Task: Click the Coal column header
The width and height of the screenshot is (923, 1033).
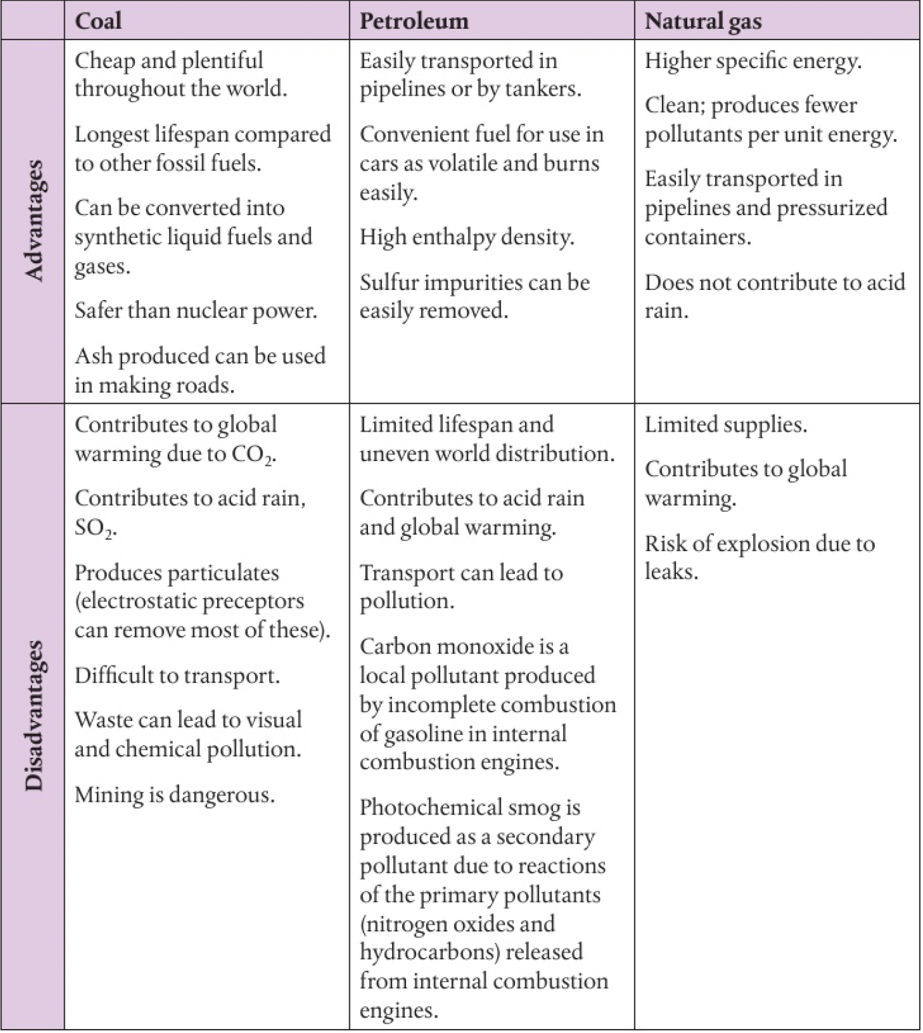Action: point(98,21)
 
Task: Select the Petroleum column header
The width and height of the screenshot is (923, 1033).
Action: point(413,21)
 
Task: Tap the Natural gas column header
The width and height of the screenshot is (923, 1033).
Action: point(703,21)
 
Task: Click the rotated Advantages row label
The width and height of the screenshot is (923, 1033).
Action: point(33,220)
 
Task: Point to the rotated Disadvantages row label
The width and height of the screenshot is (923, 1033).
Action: point(33,715)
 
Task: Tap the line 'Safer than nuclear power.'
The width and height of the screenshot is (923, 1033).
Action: point(196,311)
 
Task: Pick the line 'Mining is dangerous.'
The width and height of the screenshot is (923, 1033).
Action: point(174,794)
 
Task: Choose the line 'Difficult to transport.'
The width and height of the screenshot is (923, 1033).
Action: point(177,676)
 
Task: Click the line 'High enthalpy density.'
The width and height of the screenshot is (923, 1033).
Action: point(467,237)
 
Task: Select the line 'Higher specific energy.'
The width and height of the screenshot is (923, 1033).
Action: point(753,61)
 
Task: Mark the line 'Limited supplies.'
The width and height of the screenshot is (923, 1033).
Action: point(725,425)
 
